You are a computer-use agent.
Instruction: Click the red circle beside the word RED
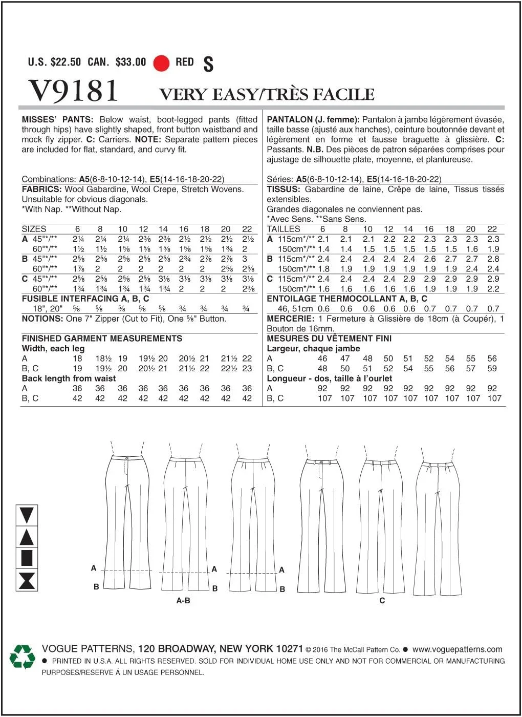click(161, 63)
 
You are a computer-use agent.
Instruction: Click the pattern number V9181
click(74, 91)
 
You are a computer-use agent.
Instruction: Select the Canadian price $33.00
click(130, 62)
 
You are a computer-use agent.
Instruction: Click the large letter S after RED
click(208, 64)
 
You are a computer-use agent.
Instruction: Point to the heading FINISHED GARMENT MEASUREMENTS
click(102, 339)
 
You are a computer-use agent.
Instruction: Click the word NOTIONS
click(42, 319)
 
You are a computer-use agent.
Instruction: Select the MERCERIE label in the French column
click(290, 319)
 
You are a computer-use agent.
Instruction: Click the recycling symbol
click(23, 657)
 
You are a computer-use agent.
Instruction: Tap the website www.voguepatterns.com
click(457, 649)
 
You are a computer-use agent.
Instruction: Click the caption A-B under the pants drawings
click(183, 600)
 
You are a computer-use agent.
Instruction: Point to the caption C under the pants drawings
click(382, 600)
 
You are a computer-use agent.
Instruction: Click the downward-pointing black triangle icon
click(27, 515)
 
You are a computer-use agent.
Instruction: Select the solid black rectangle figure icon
click(27, 558)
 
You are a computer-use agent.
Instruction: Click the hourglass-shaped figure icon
click(27, 580)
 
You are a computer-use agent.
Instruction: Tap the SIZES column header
click(34, 229)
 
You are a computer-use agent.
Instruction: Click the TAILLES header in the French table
click(284, 229)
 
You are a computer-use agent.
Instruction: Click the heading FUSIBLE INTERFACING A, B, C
click(85, 299)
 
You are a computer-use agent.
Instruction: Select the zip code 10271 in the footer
click(289, 649)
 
